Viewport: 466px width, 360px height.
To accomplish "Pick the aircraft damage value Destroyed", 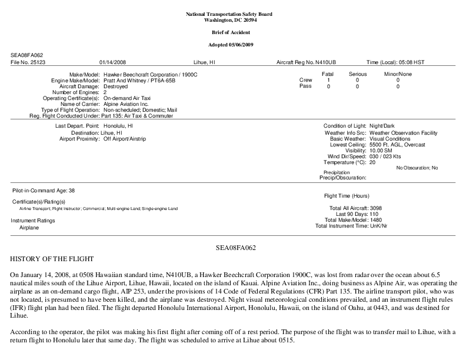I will pyautogui.click(x=115, y=86).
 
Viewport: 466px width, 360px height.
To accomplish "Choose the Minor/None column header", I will pyautogui.click(x=398, y=74).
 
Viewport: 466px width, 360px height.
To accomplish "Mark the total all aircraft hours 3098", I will pyautogui.click(x=377, y=208).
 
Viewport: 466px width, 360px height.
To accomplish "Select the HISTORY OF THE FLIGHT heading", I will pyautogui.click(x=51, y=259).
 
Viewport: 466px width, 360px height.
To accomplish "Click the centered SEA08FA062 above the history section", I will pyautogui.click(x=232, y=248).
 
